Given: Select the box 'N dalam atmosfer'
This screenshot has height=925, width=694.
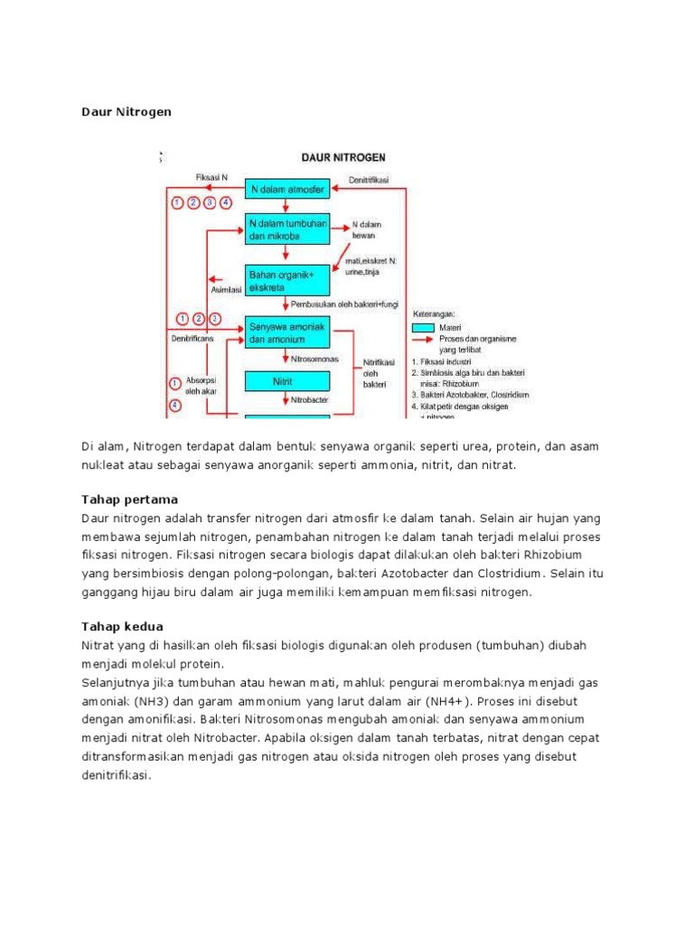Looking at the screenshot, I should click(286, 189).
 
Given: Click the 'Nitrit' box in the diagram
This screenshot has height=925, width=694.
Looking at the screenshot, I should click(284, 382).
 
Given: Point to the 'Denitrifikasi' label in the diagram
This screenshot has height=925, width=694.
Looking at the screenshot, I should click(368, 179).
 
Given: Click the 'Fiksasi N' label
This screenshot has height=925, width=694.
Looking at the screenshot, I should click(212, 177).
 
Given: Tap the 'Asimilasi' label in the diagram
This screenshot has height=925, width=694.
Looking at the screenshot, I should click(226, 290).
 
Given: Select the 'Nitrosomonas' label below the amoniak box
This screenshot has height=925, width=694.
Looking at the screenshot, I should click(304, 358).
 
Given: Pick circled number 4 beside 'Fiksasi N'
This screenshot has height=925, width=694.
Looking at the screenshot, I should click(226, 202).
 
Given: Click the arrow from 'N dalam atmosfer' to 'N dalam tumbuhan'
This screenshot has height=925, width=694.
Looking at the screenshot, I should click(285, 207).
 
